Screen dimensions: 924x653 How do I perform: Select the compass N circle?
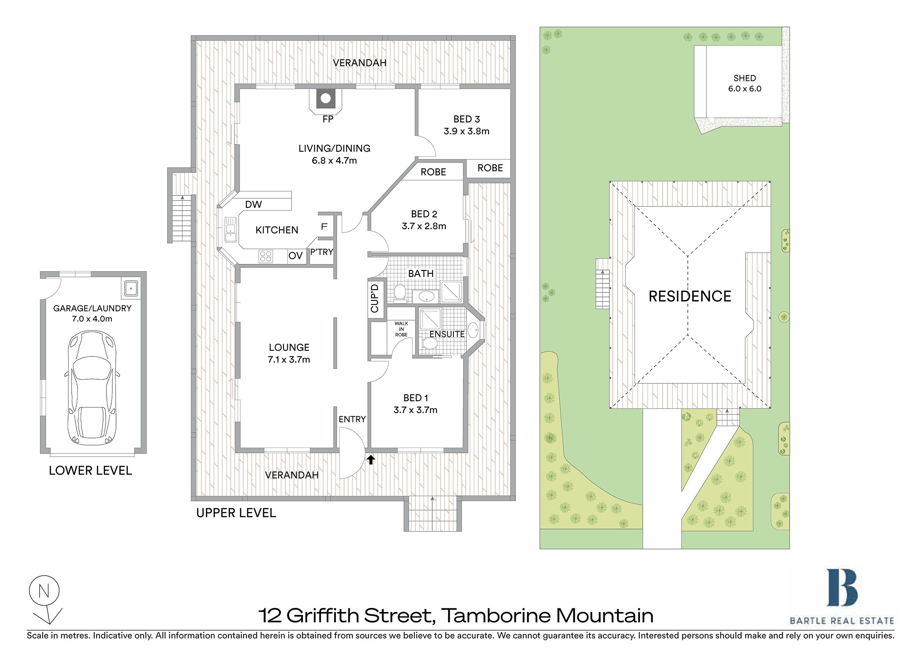[x=44, y=591]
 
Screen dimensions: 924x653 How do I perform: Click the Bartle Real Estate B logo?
[x=842, y=588]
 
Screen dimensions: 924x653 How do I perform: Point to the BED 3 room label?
[x=466, y=119]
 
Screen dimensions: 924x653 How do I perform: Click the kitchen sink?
[x=231, y=230]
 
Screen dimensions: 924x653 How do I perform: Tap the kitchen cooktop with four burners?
[x=266, y=256]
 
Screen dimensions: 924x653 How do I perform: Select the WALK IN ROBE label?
[x=401, y=329]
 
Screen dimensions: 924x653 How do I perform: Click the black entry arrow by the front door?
[x=371, y=459]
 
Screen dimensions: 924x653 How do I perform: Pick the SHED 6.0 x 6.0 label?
[x=744, y=83]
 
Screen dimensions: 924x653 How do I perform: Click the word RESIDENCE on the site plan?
[x=690, y=296]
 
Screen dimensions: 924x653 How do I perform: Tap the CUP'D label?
[x=375, y=298]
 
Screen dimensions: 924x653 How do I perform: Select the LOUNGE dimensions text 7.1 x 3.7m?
[x=289, y=359]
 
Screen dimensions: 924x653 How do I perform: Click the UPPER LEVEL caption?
[x=236, y=513]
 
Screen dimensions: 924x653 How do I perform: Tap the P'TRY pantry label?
[x=322, y=252]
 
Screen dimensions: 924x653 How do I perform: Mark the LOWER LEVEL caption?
[x=91, y=471]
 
